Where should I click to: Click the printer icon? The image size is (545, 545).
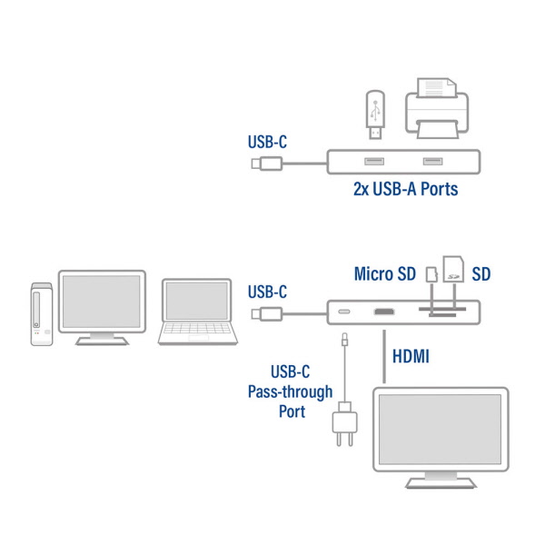pyautogui.click(x=435, y=107)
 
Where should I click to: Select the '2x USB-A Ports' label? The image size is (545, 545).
pyautogui.click(x=404, y=190)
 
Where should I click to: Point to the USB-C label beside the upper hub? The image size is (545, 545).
pyautogui.click(x=267, y=142)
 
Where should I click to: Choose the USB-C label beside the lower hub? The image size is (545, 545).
pyautogui.click(x=267, y=292)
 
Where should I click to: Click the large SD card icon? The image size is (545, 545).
pyautogui.click(x=453, y=268)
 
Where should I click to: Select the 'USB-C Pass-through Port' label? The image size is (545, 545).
pyautogui.click(x=278, y=391)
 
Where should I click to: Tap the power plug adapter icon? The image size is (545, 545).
pyautogui.click(x=346, y=425)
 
